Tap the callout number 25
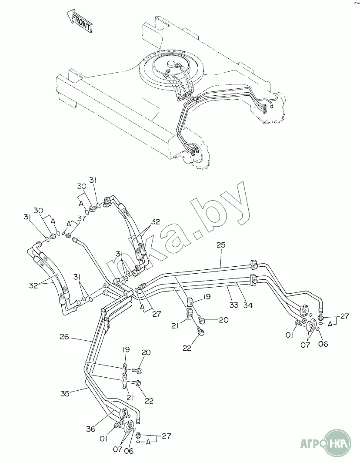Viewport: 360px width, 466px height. point(221,245)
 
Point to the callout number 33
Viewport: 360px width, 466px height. point(233,305)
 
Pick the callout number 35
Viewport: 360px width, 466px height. point(65,394)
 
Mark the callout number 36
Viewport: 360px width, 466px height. point(90,429)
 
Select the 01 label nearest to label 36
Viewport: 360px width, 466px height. point(103,439)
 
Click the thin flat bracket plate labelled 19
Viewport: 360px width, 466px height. point(125,369)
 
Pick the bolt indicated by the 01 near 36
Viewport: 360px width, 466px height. point(117,426)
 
